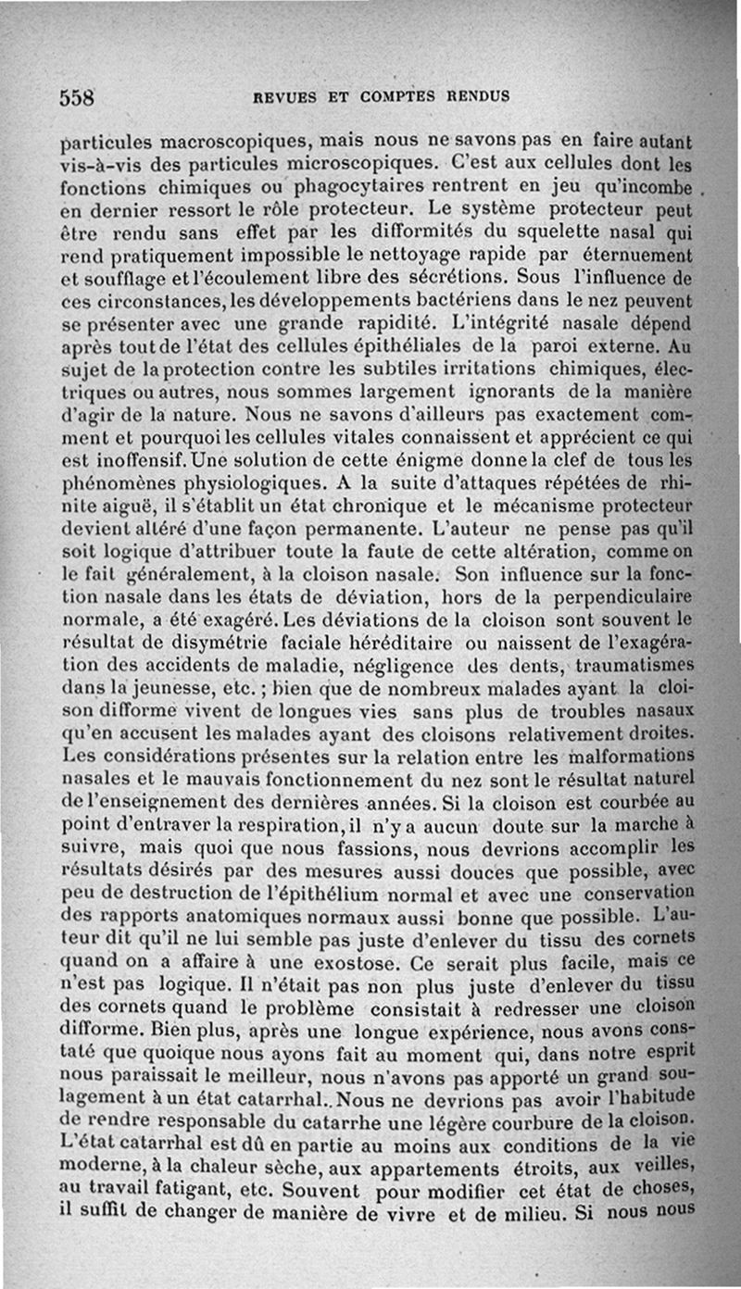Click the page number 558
79,97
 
